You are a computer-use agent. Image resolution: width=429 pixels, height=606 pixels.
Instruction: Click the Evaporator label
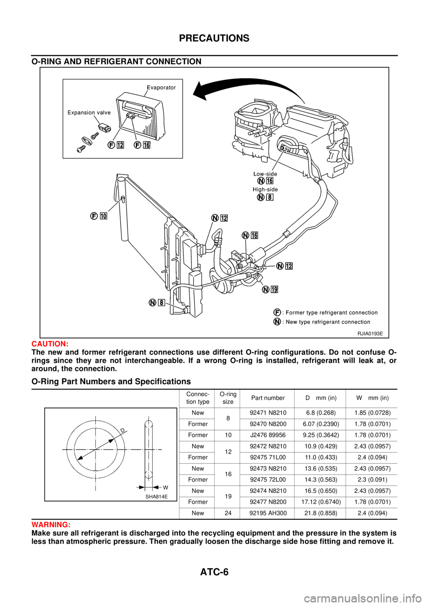pos(161,87)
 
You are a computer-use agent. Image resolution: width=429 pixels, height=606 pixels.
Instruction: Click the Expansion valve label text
pos(89,112)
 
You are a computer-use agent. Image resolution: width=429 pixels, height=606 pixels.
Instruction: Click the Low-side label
pos(265,174)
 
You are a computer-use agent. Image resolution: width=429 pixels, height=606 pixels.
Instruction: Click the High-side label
pos(265,189)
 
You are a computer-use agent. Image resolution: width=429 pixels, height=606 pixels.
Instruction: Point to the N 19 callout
pos(270,290)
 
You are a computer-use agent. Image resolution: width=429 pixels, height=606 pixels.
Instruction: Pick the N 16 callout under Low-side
pos(265,181)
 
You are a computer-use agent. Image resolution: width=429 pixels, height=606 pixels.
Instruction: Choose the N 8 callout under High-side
pos(265,197)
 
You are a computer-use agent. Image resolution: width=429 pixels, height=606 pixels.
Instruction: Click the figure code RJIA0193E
pos(370,333)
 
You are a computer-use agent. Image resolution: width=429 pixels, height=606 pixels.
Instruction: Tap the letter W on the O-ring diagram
pos(165,487)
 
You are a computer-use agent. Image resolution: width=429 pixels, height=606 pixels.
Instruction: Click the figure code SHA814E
pos(156,496)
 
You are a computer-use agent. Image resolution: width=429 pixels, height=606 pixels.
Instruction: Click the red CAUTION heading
pos(49,345)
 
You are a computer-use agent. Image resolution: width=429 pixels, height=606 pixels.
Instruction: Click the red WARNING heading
pos(50,525)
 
